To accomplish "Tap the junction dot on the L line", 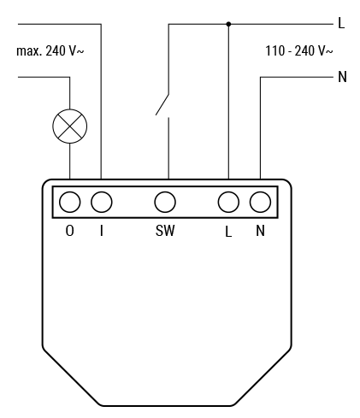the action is pyautogui.click(x=228, y=24).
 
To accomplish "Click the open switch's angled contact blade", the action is pyautogui.click(x=162, y=104).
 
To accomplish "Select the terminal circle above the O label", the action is pyautogui.click(x=70, y=202).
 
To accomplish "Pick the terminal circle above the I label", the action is pyautogui.click(x=102, y=202).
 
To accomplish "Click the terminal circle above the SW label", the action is pyautogui.click(x=165, y=202).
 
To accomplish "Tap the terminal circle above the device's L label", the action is pyautogui.click(x=228, y=202).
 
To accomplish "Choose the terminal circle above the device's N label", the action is pyautogui.click(x=260, y=202).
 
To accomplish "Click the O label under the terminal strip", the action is pyautogui.click(x=70, y=231).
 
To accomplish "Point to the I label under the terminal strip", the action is pyautogui.click(x=102, y=231).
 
